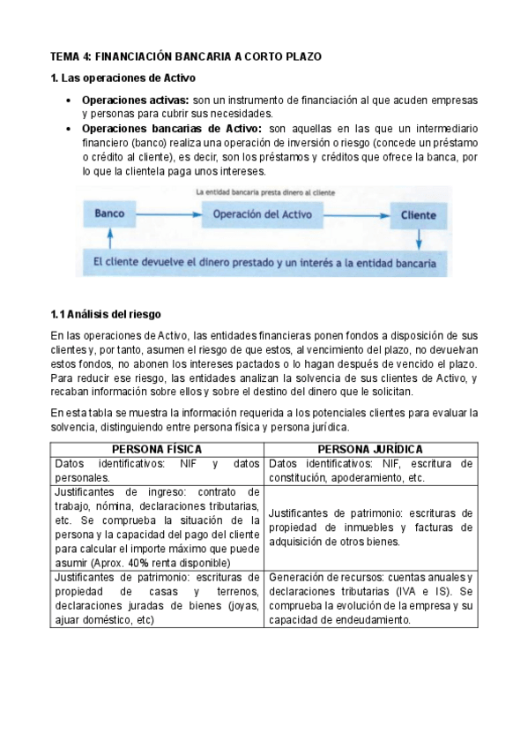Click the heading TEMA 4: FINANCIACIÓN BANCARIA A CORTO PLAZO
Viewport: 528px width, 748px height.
coord(186,56)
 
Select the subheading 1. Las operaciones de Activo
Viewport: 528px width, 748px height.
coord(123,79)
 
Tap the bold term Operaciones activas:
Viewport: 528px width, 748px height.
coord(136,101)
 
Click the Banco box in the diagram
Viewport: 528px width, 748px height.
coord(109,214)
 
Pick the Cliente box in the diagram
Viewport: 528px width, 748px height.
coord(418,214)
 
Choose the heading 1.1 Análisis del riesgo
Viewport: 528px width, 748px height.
coord(106,314)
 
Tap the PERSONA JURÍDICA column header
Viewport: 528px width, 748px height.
coord(369,449)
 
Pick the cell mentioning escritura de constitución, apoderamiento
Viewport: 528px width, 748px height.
coord(370,470)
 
